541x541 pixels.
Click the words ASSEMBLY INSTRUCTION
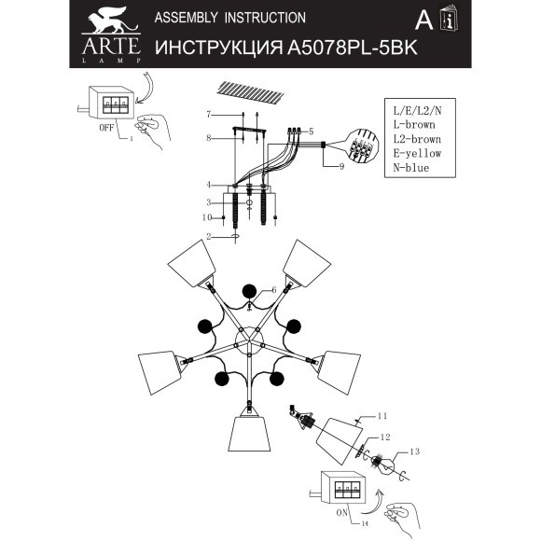(229, 18)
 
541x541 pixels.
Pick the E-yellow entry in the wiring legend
(412, 153)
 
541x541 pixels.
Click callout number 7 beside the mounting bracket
(210, 114)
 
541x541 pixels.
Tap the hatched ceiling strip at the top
(248, 91)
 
